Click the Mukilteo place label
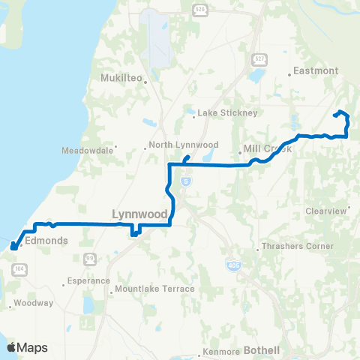(x=120, y=77)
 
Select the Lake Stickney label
(x=227, y=113)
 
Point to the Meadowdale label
(x=92, y=150)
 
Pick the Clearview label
(x=326, y=211)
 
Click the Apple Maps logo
(x=27, y=347)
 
